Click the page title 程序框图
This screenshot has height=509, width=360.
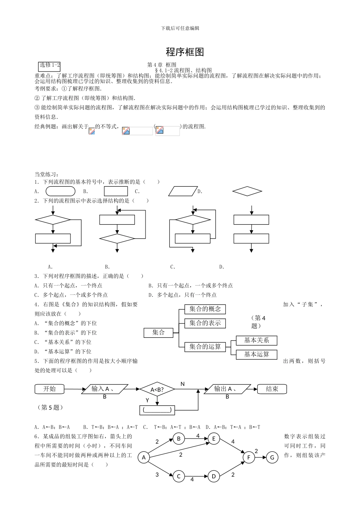click(185, 52)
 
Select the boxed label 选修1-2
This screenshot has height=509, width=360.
click(50, 65)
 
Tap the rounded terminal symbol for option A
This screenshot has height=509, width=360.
click(60, 191)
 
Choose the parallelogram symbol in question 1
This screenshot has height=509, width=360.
click(183, 191)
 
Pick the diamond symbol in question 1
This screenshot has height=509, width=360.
click(247, 191)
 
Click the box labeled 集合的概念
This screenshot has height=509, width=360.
click(205, 309)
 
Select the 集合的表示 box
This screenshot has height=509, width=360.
click(205, 323)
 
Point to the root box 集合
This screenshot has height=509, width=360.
click(158, 333)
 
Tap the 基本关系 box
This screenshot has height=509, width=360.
click(256, 340)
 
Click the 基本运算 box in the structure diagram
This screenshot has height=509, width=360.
click(256, 354)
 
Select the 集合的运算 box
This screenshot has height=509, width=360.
click(205, 347)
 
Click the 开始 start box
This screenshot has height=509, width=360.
click(50, 389)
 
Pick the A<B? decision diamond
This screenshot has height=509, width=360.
click(157, 389)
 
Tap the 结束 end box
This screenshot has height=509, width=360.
click(272, 389)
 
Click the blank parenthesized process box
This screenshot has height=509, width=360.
click(157, 410)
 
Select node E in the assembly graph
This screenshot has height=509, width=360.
click(214, 439)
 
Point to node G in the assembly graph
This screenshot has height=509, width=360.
click(272, 457)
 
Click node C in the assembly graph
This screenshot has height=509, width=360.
click(178, 476)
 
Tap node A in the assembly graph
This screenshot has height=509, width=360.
click(144, 458)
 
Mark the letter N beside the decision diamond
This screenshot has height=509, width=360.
click(182, 384)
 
